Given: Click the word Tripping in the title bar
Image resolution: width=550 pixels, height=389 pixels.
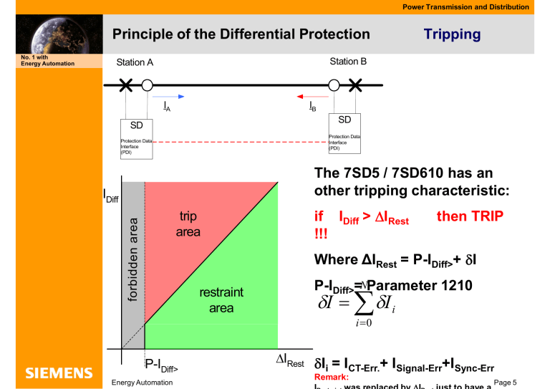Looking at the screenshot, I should tap(452, 34).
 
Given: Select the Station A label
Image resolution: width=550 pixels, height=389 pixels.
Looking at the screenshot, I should tap(135, 62).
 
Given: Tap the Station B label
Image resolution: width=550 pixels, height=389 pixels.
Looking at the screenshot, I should tap(348, 62).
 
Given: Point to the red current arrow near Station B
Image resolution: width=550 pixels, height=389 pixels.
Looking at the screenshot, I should tap(312, 96).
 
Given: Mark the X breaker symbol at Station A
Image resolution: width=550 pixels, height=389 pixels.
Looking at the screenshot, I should tap(127, 85).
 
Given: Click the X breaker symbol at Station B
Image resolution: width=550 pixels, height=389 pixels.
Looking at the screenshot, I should tap(355, 85).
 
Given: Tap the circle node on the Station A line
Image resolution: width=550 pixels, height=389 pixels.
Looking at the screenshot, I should tap(147, 85).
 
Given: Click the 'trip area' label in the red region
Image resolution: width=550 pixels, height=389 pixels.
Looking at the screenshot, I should tap(190, 224).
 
